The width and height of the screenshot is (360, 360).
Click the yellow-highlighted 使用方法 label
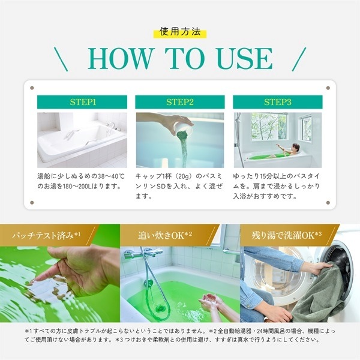(180, 32)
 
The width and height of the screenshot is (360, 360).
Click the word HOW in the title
(120, 58)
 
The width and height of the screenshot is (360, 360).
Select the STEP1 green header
(82, 102)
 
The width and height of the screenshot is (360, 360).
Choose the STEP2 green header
(180, 102)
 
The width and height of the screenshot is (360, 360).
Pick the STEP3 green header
(278, 102)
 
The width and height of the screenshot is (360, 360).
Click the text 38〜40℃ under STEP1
(111, 176)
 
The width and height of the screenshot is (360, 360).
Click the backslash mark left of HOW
(61, 59)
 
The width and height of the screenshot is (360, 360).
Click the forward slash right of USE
(299, 59)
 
